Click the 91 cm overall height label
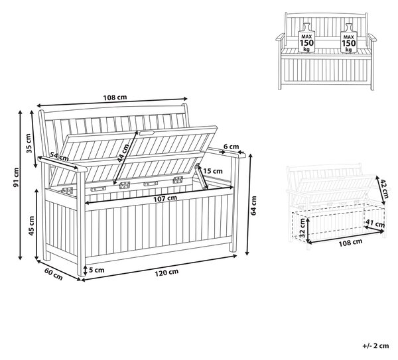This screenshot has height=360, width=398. pos(16,177)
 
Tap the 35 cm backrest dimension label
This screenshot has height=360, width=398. pos(29,143)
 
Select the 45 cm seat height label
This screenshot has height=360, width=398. pos(31,225)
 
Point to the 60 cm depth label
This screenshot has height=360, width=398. pos(53,274)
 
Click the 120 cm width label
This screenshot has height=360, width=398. pos(166,272)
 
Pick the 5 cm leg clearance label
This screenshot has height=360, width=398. pos(96,270)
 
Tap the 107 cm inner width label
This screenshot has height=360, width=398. pos(165,198)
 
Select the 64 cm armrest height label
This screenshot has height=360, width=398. pos(253,206)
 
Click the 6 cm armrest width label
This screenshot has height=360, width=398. pos(232,147)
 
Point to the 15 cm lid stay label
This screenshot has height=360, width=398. pos(213,171)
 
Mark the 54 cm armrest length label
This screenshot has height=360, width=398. pos(59,156)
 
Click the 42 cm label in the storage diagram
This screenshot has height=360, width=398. pos(384,188)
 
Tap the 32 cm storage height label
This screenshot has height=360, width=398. pos(302,227)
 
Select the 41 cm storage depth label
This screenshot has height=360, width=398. pos(375,224)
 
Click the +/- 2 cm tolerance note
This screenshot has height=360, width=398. pos(375,345)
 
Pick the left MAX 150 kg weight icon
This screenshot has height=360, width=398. pos(306,38)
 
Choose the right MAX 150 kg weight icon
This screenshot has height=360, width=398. pos(349,38)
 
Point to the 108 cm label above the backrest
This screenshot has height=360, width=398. pos(115,97)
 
